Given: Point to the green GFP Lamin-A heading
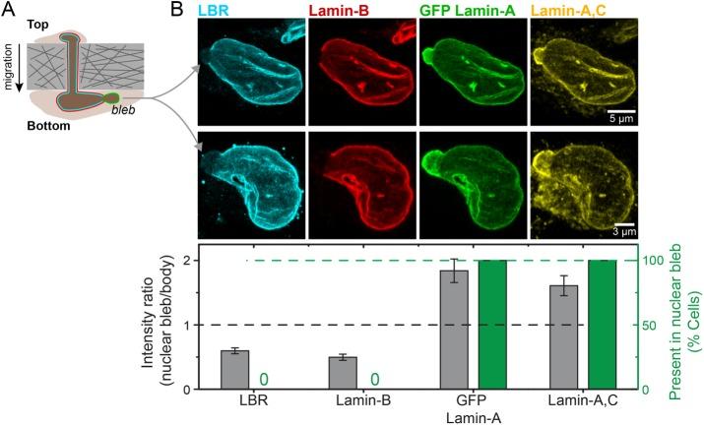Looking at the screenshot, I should click(x=467, y=11).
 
